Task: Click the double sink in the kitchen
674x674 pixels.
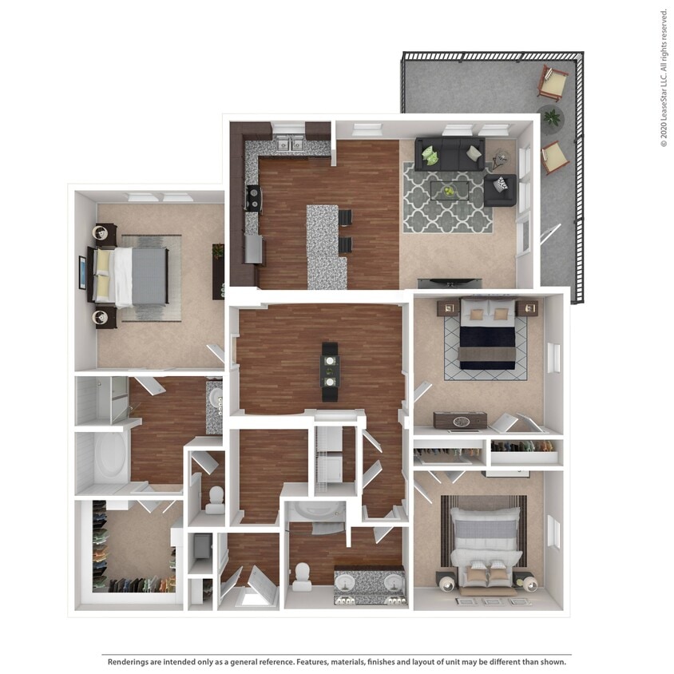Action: [288, 145]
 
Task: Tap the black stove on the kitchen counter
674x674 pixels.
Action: [252, 197]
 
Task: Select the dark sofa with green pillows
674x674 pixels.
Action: [450, 153]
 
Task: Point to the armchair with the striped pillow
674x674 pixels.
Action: [501, 189]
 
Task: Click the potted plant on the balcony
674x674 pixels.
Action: [551, 118]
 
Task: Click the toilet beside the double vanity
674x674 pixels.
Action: [303, 575]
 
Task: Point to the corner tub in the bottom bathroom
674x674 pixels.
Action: [317, 515]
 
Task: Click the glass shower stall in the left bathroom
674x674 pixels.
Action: [101, 398]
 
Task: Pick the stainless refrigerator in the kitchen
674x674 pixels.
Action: [253, 249]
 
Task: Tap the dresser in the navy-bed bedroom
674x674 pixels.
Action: [460, 420]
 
